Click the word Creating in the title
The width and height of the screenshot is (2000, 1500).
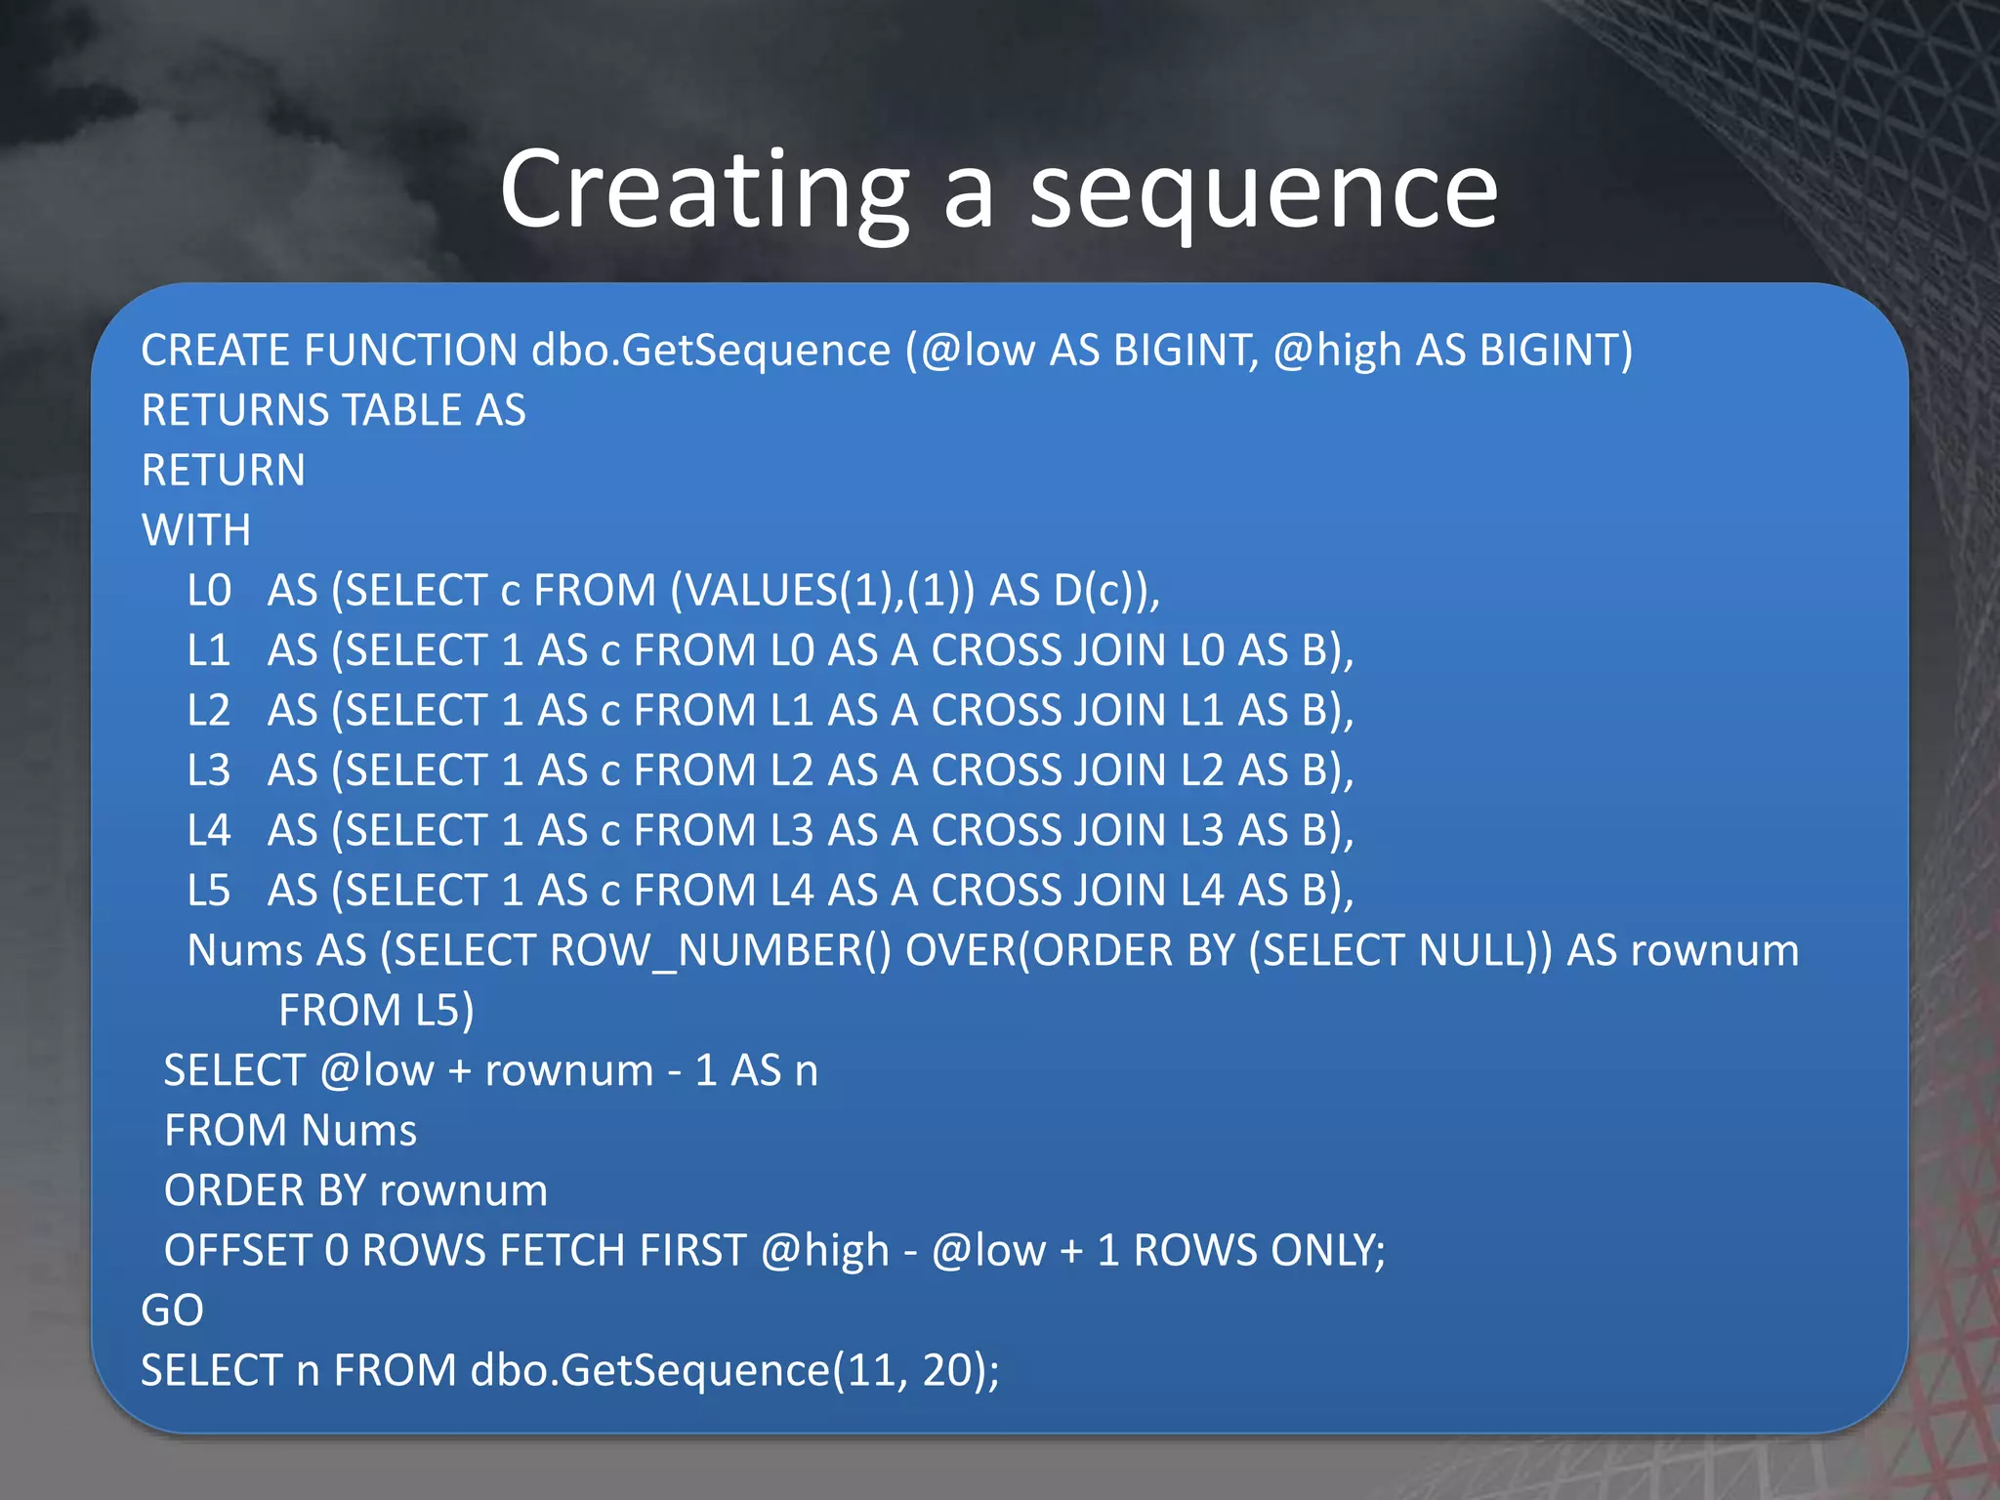704,190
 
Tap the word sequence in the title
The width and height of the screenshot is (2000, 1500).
1264,190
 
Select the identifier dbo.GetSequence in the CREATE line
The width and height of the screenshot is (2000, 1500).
711,351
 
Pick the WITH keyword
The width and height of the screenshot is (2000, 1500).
196,530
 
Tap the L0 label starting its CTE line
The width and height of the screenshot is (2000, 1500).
209,591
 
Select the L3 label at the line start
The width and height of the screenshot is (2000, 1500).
209,771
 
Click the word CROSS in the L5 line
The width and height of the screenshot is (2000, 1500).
995,891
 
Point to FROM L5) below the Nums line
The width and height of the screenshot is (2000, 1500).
376,1011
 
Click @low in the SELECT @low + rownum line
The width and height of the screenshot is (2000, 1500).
376,1071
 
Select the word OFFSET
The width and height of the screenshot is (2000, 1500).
236,1251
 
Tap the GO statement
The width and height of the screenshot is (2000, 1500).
172,1311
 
